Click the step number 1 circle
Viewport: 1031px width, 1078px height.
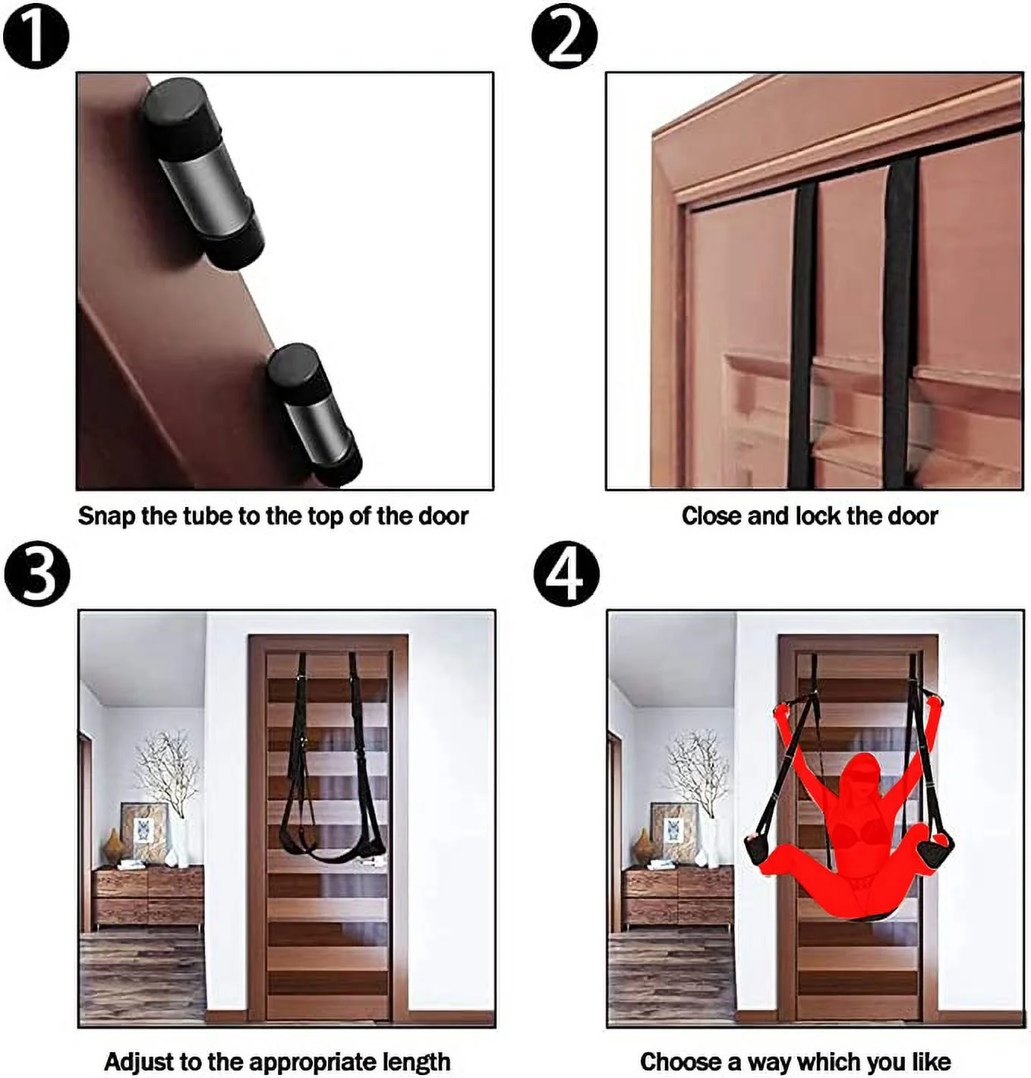tap(36, 36)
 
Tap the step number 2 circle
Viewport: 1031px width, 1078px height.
tap(564, 36)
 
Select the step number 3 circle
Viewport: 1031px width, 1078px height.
tap(36, 573)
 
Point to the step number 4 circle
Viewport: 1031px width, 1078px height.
tap(566, 573)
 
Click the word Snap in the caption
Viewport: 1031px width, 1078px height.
tap(106, 516)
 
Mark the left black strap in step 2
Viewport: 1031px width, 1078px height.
tap(802, 334)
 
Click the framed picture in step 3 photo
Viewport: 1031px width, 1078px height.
tap(143, 833)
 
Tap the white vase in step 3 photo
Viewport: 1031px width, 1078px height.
tap(179, 843)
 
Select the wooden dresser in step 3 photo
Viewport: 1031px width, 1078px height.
tap(148, 896)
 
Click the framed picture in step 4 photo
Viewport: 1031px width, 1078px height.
tap(673, 833)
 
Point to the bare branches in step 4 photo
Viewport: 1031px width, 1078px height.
tap(697, 767)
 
